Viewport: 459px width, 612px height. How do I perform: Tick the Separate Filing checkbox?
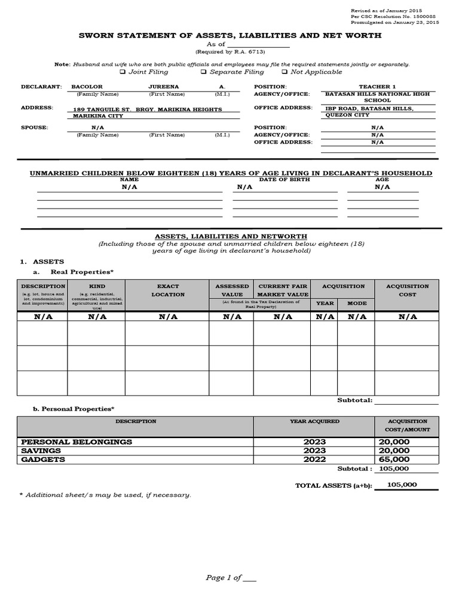point(203,72)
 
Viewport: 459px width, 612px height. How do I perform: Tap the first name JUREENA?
point(164,87)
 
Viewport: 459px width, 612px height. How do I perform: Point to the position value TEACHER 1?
point(377,87)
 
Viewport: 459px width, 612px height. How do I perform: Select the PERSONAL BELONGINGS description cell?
point(76,442)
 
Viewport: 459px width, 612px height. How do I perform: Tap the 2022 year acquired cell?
point(314,459)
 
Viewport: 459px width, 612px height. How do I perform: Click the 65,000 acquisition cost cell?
point(393,459)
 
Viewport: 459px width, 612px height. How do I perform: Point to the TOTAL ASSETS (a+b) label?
point(333,486)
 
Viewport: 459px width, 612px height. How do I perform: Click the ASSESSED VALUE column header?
point(232,290)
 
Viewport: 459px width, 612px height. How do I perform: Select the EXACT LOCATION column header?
point(168,290)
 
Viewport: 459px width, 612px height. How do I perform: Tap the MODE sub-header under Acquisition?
point(357,303)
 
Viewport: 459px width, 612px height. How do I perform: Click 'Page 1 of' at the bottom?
point(223,577)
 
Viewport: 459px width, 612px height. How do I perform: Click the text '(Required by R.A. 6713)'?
point(229,52)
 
